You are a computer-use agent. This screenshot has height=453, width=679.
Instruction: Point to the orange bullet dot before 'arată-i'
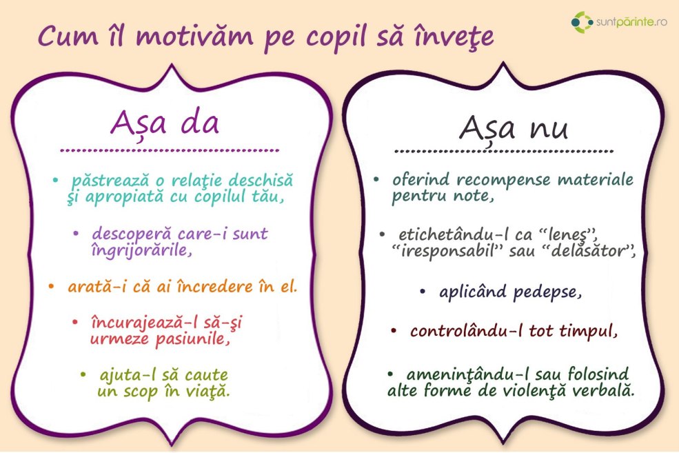coord(51,285)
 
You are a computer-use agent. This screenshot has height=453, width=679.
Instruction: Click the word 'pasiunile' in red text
coord(191,339)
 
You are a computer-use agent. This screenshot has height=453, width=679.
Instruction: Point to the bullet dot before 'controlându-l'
coord(394,331)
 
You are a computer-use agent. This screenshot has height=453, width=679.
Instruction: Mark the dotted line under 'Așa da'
coord(170,150)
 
